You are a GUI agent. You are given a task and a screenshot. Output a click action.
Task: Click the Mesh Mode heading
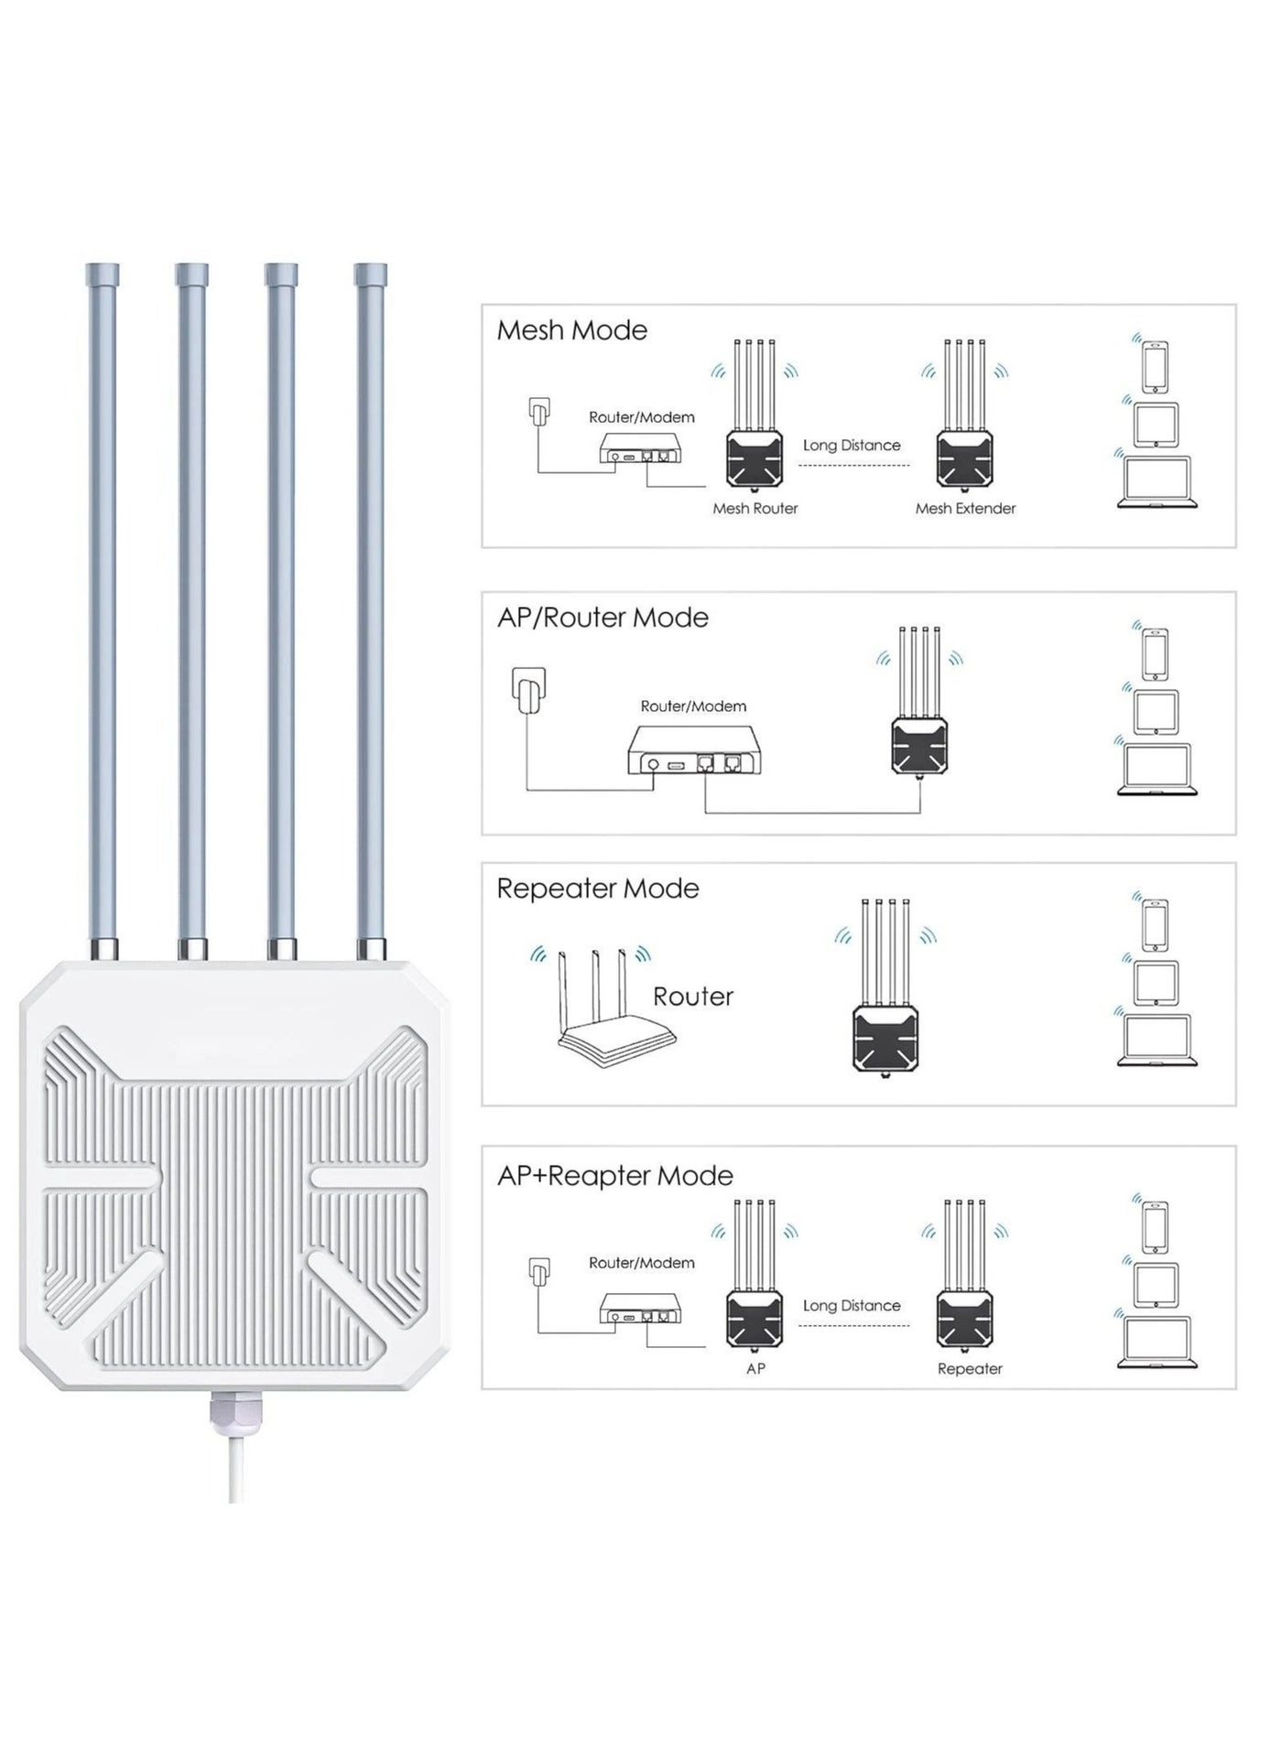click(x=571, y=330)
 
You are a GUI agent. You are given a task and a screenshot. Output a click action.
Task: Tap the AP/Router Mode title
click(x=603, y=618)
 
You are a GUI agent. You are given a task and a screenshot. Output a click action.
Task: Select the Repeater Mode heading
click(x=597, y=889)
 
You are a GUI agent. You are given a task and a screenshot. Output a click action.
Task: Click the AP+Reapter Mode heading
click(x=614, y=1176)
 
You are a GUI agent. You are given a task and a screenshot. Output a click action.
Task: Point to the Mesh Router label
click(x=755, y=509)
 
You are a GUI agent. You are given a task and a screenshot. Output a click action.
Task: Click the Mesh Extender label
click(x=965, y=509)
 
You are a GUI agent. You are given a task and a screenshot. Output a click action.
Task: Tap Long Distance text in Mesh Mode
click(x=852, y=446)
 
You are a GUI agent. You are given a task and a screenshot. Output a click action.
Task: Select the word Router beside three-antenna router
click(x=693, y=997)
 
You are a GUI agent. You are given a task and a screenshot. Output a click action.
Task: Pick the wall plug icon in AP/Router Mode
click(x=529, y=689)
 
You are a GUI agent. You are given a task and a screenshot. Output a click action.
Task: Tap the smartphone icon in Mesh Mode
click(x=1156, y=365)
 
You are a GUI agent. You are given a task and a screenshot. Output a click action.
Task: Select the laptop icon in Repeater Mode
click(x=1157, y=1041)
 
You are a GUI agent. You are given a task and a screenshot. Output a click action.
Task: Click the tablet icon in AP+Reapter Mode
click(x=1156, y=1285)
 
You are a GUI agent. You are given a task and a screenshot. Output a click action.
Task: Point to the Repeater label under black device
click(x=970, y=1369)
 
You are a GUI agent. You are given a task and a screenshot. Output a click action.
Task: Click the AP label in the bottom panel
click(x=755, y=1369)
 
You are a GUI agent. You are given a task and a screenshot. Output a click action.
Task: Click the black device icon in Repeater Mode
click(x=885, y=1036)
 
